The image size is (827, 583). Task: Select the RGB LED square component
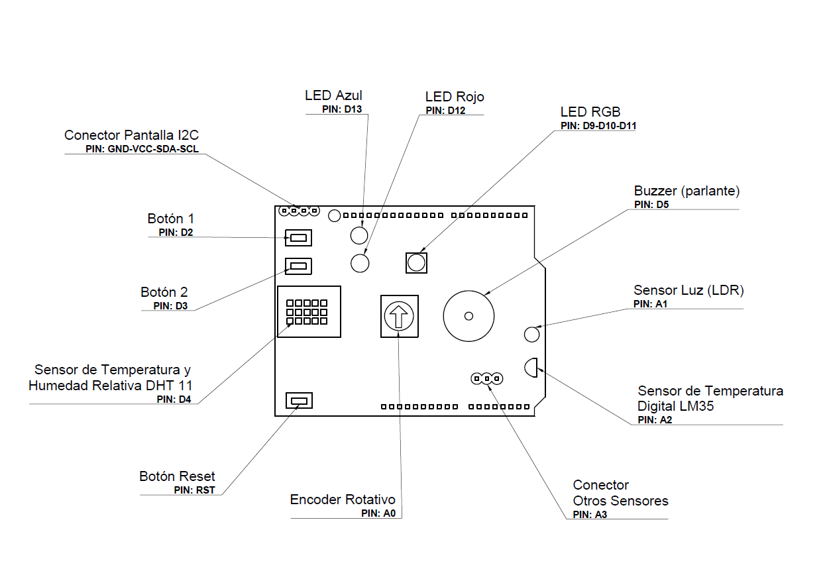[416, 263]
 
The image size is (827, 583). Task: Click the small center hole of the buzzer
[469, 316]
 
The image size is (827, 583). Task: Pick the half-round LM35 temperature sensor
[531, 368]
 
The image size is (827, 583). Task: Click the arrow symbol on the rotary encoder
[399, 317]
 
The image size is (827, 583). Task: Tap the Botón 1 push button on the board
[298, 238]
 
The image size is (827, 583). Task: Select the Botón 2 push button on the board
[298, 266]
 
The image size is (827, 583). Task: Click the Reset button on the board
[299, 401]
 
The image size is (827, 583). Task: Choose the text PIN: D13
[342, 109]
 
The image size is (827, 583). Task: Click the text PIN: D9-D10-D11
[598, 126]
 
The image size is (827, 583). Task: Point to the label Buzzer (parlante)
[687, 191]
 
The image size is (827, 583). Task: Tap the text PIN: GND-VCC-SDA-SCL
[142, 149]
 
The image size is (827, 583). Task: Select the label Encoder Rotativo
[343, 500]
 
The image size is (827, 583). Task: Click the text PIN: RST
[195, 490]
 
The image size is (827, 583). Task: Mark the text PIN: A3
[590, 514]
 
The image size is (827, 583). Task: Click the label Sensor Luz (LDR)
[689, 290]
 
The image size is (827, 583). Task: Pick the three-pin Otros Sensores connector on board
[487, 378]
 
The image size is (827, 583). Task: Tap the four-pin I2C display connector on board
[299, 211]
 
